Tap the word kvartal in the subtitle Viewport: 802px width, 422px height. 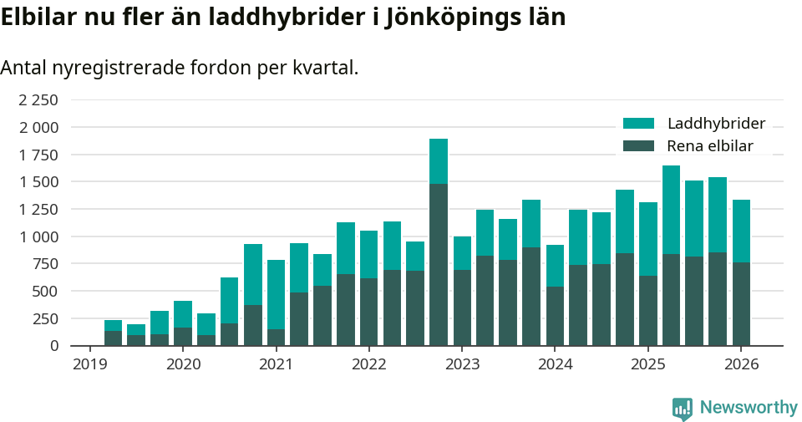click(324, 69)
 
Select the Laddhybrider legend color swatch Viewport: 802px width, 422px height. click(639, 124)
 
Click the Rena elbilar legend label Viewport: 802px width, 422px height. click(710, 146)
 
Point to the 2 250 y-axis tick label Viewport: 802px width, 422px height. click(38, 100)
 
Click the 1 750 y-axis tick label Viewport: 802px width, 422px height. click(38, 155)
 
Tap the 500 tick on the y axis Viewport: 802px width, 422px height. click(45, 291)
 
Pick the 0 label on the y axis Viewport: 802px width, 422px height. click(54, 345)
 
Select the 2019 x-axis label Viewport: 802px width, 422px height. click(90, 364)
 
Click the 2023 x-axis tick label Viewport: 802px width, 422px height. click(462, 364)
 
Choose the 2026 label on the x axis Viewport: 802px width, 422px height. click(741, 364)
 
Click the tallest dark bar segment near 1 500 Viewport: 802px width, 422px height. click(439, 264)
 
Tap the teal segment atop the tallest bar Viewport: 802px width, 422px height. click(439, 161)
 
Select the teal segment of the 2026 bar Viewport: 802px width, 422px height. click(741, 231)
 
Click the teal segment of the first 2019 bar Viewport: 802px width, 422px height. click(113, 325)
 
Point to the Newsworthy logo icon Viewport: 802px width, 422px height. click(683, 408)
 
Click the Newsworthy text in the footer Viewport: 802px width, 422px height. click(749, 408)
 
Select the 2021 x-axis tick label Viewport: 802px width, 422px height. click(276, 364)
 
